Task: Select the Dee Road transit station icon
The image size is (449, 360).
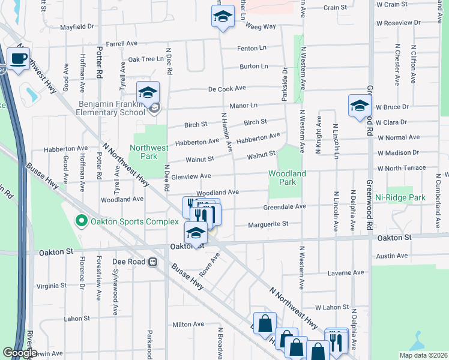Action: pyautogui.click(x=153, y=262)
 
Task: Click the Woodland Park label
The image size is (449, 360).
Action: pyautogui.click(x=287, y=178)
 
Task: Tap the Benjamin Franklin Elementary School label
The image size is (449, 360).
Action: pyautogui.click(x=112, y=108)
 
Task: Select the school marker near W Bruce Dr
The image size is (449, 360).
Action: pyautogui.click(x=360, y=106)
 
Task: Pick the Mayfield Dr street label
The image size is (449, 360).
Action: pyautogui.click(x=77, y=26)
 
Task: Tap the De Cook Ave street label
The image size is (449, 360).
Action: pyautogui.click(x=227, y=88)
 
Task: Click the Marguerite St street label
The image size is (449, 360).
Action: pyautogui.click(x=268, y=224)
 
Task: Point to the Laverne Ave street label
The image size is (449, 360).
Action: pyautogui.click(x=346, y=272)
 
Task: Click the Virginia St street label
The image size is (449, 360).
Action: pyautogui.click(x=51, y=286)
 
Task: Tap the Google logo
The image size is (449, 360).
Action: pyautogui.click(x=20, y=353)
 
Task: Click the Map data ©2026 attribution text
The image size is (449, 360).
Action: pyautogui.click(x=423, y=355)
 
